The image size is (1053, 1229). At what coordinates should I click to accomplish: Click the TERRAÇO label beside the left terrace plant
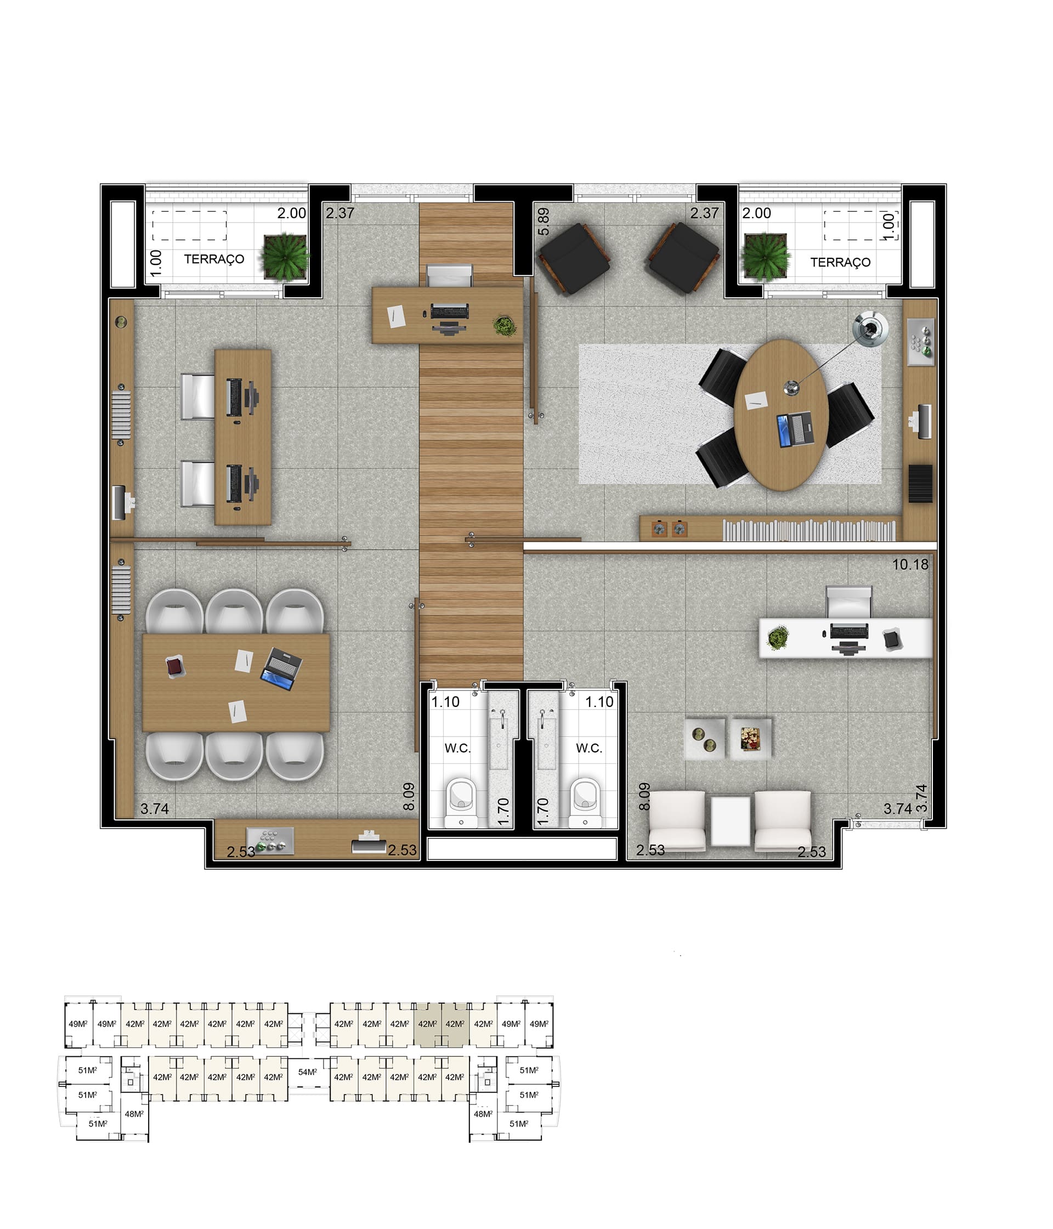pos(213,259)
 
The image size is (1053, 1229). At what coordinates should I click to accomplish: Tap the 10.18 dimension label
pos(910,564)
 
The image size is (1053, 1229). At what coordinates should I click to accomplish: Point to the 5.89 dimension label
pos(543,221)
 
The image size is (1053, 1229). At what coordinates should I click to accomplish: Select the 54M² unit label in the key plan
pos(307,1072)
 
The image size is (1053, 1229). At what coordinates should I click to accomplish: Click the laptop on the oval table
pos(795,429)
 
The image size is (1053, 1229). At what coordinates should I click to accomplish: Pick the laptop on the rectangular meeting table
pos(281,669)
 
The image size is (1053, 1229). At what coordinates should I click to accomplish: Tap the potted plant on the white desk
pos(777,637)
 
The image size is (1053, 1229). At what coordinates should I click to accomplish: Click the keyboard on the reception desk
pos(450,312)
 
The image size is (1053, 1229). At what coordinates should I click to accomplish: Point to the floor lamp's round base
pos(870,328)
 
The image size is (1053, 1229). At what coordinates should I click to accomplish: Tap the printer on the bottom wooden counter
pos(369,842)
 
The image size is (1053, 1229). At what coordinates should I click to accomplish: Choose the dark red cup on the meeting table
pos(175,667)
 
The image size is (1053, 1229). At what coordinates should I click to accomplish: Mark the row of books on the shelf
pos(808,530)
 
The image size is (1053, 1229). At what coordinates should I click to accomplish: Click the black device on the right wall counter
pos(920,483)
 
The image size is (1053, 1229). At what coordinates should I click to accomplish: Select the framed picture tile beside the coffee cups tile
pos(750,739)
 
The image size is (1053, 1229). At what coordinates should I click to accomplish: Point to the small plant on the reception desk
pos(504,326)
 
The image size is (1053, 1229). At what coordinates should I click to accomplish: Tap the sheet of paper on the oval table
pos(756,401)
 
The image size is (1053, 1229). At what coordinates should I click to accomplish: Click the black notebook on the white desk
pos(892,639)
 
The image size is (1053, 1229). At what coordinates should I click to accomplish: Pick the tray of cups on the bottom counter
pos(270,841)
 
